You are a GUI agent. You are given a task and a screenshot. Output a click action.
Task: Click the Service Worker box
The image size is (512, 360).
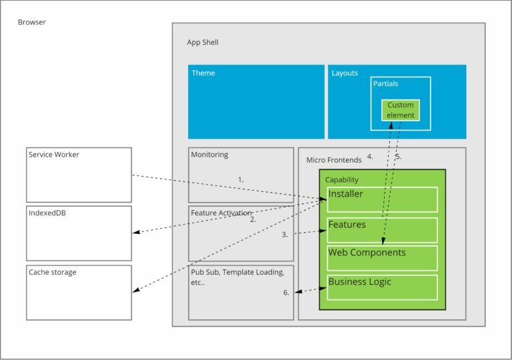(x=79, y=175)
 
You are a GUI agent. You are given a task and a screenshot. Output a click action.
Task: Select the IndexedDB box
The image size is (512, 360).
(x=79, y=233)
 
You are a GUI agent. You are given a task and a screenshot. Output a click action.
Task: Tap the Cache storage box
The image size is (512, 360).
(x=79, y=293)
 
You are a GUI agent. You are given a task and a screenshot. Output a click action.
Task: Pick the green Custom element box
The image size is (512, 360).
(x=401, y=110)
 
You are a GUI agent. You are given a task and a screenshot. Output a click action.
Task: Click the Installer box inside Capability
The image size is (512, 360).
(x=382, y=199)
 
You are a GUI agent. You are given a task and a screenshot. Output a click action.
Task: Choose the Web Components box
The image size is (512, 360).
(x=382, y=258)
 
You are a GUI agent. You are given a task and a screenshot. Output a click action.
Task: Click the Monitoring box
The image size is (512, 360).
(x=241, y=175)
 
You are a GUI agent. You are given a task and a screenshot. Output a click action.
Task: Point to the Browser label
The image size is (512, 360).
(x=31, y=23)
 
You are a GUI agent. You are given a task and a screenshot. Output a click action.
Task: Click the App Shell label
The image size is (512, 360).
(x=203, y=43)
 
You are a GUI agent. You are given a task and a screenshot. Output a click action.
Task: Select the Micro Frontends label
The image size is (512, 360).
(x=333, y=160)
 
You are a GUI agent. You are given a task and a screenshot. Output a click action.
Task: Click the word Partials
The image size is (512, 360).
(x=387, y=85)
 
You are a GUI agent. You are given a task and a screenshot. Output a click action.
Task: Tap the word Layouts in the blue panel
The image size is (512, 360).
(x=345, y=73)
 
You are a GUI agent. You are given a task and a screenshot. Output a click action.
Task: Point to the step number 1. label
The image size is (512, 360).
(x=241, y=180)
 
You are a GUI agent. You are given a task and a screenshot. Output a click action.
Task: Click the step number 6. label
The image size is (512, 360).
(x=286, y=293)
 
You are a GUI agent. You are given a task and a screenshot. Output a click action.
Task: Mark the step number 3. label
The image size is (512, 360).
(x=285, y=235)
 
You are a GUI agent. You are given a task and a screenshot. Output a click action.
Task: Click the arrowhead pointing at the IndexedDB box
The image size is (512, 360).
(x=135, y=233)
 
